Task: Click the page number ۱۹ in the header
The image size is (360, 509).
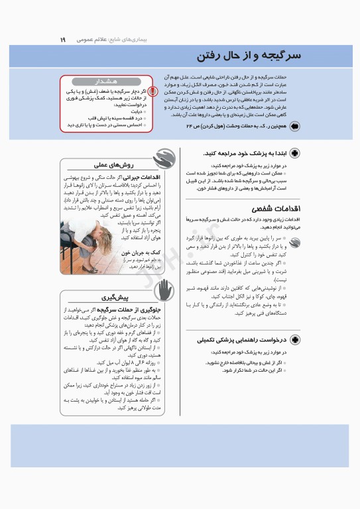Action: pos(63,39)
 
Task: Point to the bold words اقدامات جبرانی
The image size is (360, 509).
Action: pos(144,178)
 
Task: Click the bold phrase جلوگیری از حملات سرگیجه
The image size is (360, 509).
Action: pos(128,310)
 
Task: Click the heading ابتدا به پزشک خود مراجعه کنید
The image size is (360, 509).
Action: pos(243,153)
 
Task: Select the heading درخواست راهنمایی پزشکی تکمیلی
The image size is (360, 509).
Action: pos(239,340)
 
